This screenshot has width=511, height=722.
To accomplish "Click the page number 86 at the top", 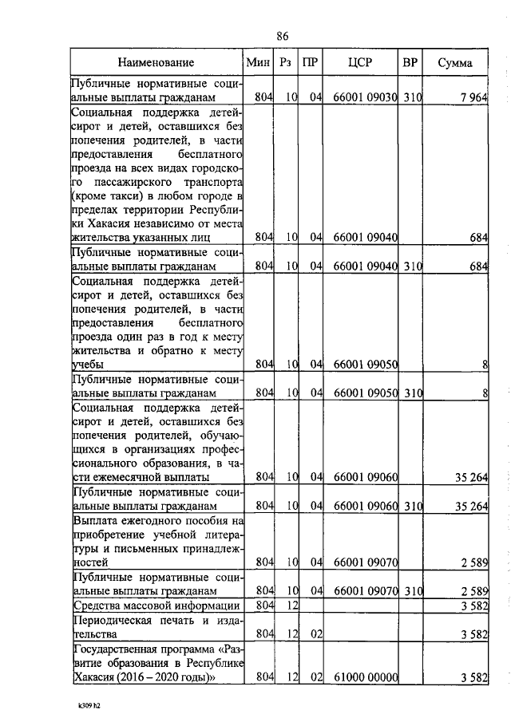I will click(282, 36).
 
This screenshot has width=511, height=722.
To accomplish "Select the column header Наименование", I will click(156, 62).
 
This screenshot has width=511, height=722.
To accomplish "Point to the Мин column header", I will click(259, 62).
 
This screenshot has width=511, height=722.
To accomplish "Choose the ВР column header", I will click(411, 62).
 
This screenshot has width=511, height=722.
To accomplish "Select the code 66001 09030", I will click(365, 98).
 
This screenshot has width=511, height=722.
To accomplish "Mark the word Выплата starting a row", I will click(97, 520).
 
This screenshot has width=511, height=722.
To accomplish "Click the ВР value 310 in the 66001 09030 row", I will click(412, 98).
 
